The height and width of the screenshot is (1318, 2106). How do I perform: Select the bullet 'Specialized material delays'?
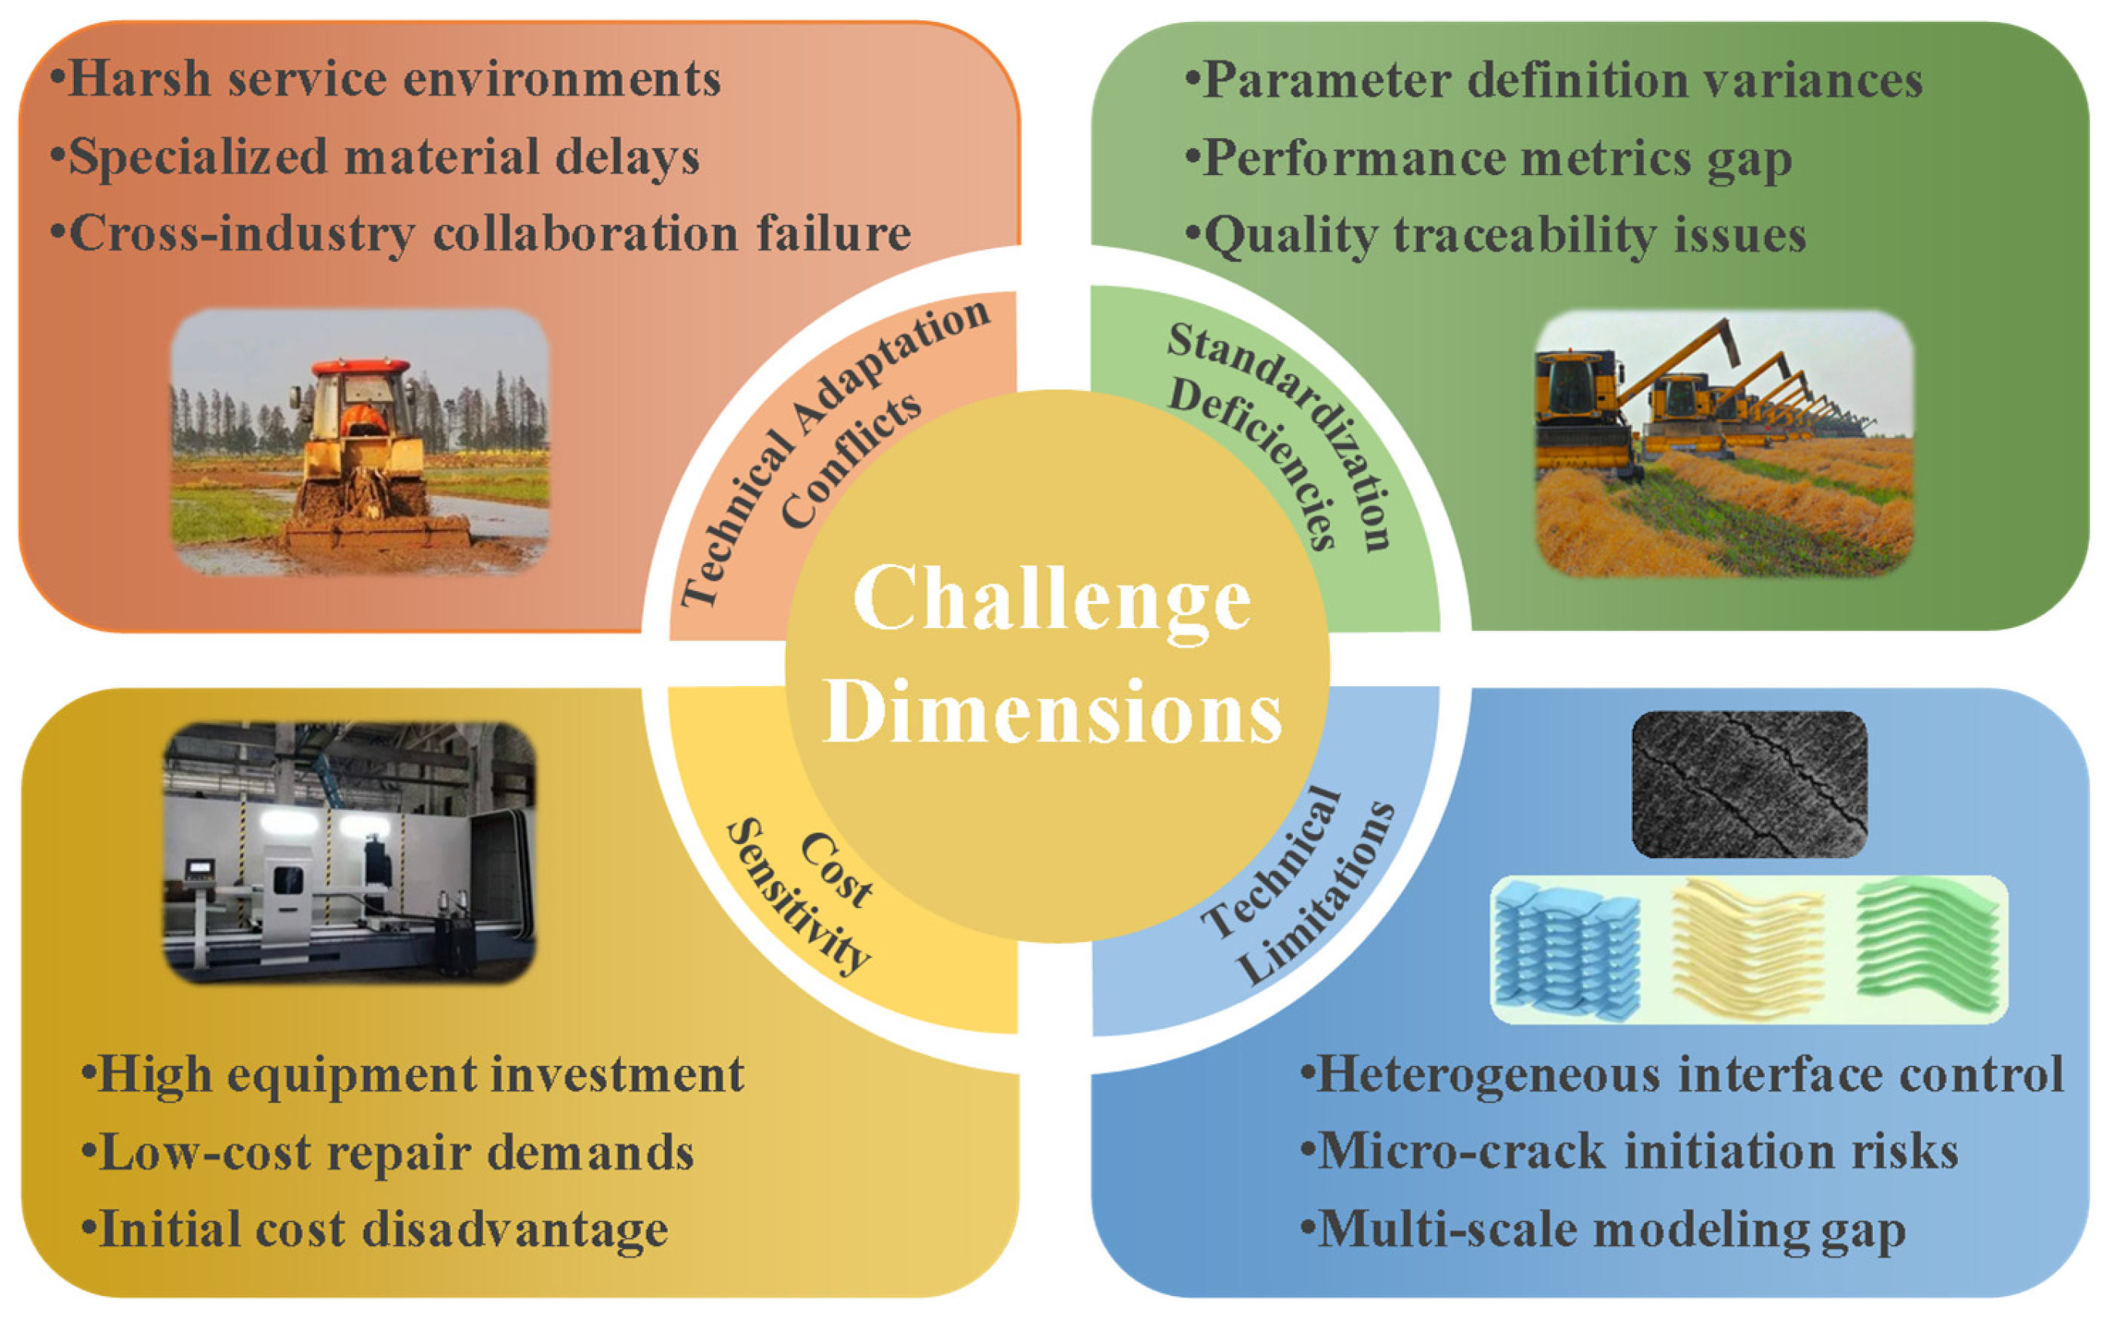click(x=375, y=158)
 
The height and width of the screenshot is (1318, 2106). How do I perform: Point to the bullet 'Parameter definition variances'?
click(x=1553, y=81)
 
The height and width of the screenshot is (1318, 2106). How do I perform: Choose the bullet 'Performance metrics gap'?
click(x=1488, y=159)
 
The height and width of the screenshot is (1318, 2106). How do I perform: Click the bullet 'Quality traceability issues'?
click(x=1495, y=236)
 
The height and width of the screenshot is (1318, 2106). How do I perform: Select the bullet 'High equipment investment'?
click(x=412, y=1074)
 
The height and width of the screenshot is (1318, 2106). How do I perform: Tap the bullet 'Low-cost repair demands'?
click(x=388, y=1153)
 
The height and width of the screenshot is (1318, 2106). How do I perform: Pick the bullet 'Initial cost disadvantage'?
click(x=375, y=1230)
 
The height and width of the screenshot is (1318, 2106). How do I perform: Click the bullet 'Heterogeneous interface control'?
click(x=1680, y=1074)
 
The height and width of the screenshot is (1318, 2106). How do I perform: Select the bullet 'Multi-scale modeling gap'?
click(x=1603, y=1230)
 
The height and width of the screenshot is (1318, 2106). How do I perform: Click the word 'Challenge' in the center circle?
click(x=1052, y=599)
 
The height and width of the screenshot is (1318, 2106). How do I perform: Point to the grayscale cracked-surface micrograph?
click(x=1749, y=784)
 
